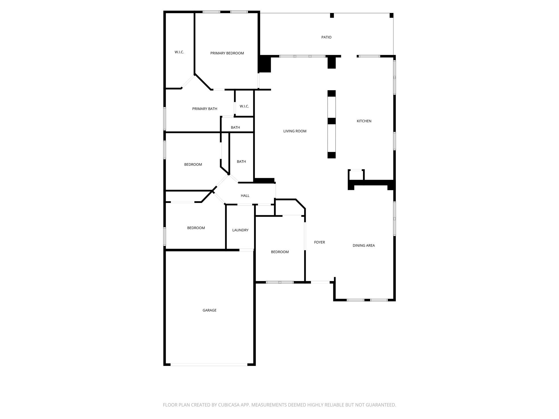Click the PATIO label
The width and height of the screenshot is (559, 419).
pyautogui.click(x=326, y=37)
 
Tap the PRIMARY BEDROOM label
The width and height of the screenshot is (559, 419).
pyautogui.click(x=227, y=53)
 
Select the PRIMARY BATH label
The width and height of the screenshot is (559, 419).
pyautogui.click(x=204, y=109)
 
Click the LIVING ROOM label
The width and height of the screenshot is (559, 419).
pyautogui.click(x=295, y=131)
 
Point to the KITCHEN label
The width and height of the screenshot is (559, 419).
pyautogui.click(x=364, y=121)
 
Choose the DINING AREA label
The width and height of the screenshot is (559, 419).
pyautogui.click(x=364, y=246)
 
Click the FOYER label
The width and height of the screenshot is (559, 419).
pyautogui.click(x=319, y=242)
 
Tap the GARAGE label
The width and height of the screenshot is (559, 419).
pyautogui.click(x=209, y=310)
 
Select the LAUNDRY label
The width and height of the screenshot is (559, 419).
pyautogui.click(x=240, y=230)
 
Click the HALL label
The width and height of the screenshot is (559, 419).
pyautogui.click(x=245, y=196)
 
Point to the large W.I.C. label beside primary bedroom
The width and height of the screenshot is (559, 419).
pyautogui.click(x=179, y=52)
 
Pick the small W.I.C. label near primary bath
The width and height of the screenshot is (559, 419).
pyautogui.click(x=244, y=106)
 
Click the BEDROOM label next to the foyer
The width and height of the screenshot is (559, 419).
pyautogui.click(x=280, y=252)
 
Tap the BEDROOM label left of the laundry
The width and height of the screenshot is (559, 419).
pyautogui.click(x=196, y=228)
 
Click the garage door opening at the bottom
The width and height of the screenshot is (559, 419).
pyautogui.click(x=209, y=364)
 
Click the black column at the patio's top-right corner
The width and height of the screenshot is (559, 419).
pyautogui.click(x=391, y=16)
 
